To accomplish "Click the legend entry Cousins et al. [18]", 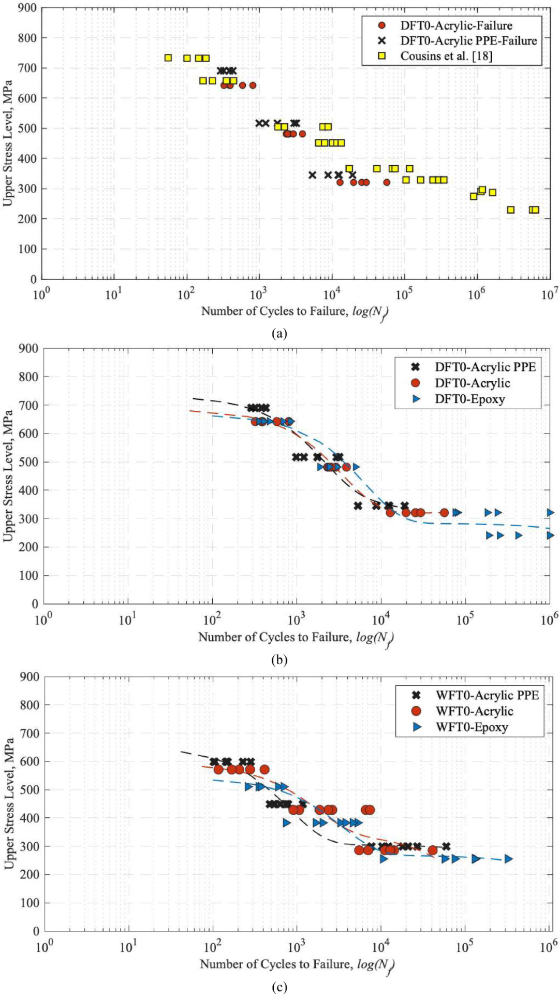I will (446, 56).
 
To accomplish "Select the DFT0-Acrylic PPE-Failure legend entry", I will (468, 40).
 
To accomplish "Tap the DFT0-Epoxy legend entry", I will (469, 399).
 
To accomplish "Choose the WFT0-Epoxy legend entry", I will (472, 727).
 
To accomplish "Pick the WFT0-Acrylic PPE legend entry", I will (487, 695).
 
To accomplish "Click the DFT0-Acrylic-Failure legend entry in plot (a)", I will (456, 25).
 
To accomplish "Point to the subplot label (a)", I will (279, 333).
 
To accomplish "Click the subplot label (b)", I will (279, 660).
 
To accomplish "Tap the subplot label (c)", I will (279, 987).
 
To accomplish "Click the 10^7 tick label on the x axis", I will (549, 295).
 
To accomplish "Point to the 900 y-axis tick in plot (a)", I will (27, 8).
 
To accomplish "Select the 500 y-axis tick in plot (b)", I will (28, 462).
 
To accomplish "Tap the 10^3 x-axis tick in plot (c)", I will (296, 947).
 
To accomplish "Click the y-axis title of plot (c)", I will (9, 803).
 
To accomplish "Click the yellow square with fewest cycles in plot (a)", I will (168, 58).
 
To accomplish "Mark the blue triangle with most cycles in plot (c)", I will (508, 859).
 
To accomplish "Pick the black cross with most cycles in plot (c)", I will (446, 846).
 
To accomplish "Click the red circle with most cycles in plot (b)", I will (444, 513).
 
